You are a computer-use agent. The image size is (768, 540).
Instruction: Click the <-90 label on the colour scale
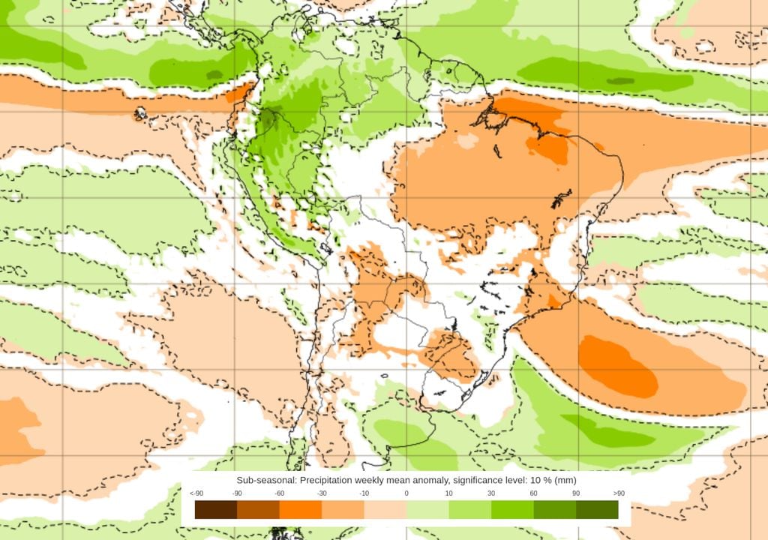[x=196, y=493]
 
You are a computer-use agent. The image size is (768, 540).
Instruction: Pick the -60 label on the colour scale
[x=280, y=493]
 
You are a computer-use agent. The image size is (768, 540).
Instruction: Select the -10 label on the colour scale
[x=364, y=493]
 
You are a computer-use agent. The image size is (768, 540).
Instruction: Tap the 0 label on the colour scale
[x=406, y=493]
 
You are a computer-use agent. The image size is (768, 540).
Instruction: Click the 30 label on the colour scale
[x=491, y=493]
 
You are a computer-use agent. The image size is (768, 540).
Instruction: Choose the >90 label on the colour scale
[x=618, y=493]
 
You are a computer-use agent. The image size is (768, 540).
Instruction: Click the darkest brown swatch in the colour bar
[x=216, y=510]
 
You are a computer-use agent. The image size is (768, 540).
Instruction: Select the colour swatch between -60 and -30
[x=301, y=510]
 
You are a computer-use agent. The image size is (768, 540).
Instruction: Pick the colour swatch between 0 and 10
[x=427, y=510]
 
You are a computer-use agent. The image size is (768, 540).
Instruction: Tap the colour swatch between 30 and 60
[x=512, y=510]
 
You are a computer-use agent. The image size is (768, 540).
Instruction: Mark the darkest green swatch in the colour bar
[x=597, y=510]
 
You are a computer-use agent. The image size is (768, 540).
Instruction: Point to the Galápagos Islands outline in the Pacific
[x=140, y=114]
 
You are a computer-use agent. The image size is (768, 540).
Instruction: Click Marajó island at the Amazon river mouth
[x=496, y=117]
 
